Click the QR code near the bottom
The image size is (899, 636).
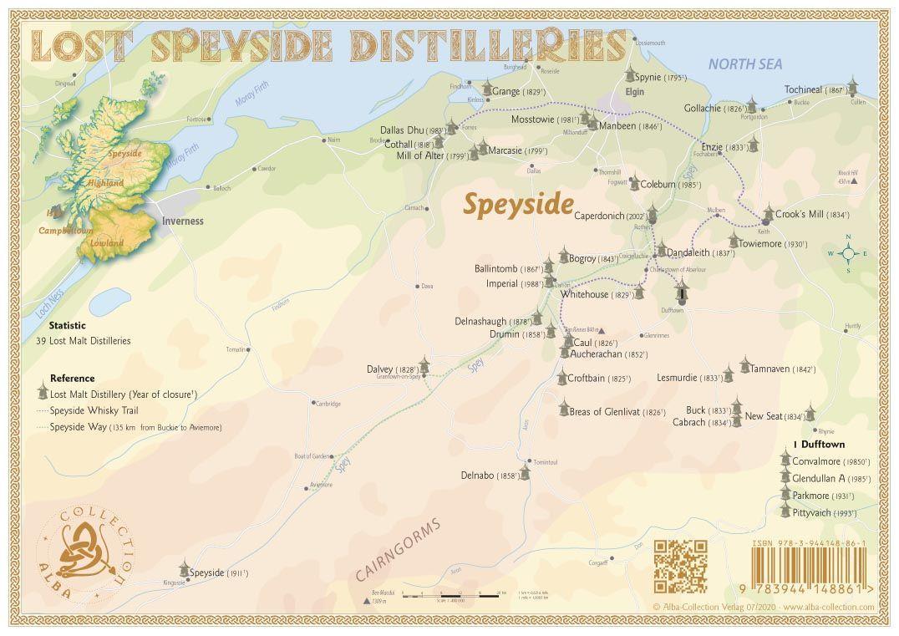pos(680,566)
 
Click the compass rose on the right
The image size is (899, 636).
pos(847,253)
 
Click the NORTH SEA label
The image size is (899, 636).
pos(744,64)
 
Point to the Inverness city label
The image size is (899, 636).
pos(183,221)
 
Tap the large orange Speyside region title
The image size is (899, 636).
pos(518,204)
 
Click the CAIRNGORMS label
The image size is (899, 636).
pos(398,549)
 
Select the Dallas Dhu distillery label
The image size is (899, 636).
pos(402,130)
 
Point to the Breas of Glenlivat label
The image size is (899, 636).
pos(605,411)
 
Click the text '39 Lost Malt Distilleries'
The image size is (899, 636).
pos(83,341)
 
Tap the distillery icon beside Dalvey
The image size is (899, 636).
pos(424,366)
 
